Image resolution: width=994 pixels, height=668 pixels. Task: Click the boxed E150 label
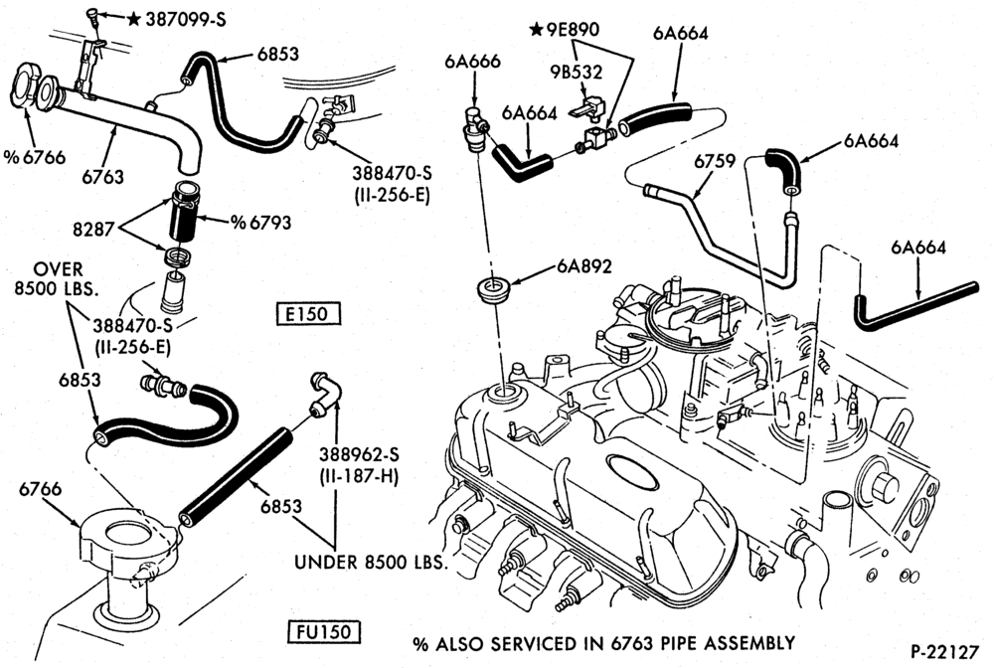point(308,314)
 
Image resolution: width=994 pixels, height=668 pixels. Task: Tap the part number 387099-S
point(186,20)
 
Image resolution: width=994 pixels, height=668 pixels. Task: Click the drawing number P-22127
point(944,651)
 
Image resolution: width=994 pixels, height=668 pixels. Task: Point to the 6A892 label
point(584,266)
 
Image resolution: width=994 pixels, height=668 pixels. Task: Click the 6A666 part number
point(472,62)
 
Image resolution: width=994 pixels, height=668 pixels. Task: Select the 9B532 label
point(576,73)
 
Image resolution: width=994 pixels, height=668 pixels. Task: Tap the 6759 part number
point(715,162)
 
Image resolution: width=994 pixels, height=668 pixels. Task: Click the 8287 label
point(93,229)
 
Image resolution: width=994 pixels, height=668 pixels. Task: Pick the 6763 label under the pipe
point(102,177)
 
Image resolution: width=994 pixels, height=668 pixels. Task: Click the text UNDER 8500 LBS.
point(371,562)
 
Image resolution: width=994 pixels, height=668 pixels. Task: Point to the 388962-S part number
point(359,454)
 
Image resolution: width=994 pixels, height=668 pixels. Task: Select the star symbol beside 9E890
point(537,29)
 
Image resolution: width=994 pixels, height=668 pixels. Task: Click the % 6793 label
point(260,223)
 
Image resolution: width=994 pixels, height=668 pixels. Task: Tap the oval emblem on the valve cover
point(632,472)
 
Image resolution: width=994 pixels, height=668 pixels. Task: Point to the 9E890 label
point(573,29)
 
